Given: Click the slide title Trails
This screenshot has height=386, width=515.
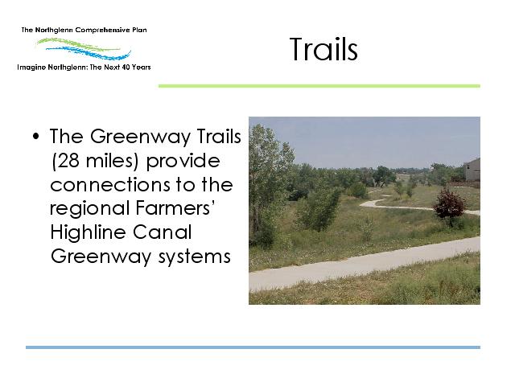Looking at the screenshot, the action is pos(323,49).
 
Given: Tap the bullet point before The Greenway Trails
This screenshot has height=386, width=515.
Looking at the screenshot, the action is pos(35,136).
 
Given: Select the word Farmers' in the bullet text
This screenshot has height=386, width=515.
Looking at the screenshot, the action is pos(175,208).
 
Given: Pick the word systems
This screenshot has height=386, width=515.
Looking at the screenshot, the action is pos(195,257).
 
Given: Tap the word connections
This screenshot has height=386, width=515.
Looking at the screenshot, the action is pos(110,185).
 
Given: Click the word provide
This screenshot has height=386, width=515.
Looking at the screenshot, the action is pos(183,162).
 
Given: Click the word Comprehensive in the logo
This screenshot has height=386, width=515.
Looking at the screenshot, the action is pos(102,31).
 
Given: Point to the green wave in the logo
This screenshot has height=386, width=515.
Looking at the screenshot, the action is pos(77,44).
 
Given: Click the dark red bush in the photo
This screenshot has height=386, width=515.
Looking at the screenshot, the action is pos(449,206).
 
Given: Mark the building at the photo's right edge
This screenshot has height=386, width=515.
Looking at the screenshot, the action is pos(472,170).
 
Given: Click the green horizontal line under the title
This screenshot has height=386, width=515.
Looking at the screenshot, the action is pos(319,86).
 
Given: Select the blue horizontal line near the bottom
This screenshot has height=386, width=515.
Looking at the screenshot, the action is pos(253,347).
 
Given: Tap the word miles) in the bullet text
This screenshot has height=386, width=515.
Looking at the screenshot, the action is pos(112,161).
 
